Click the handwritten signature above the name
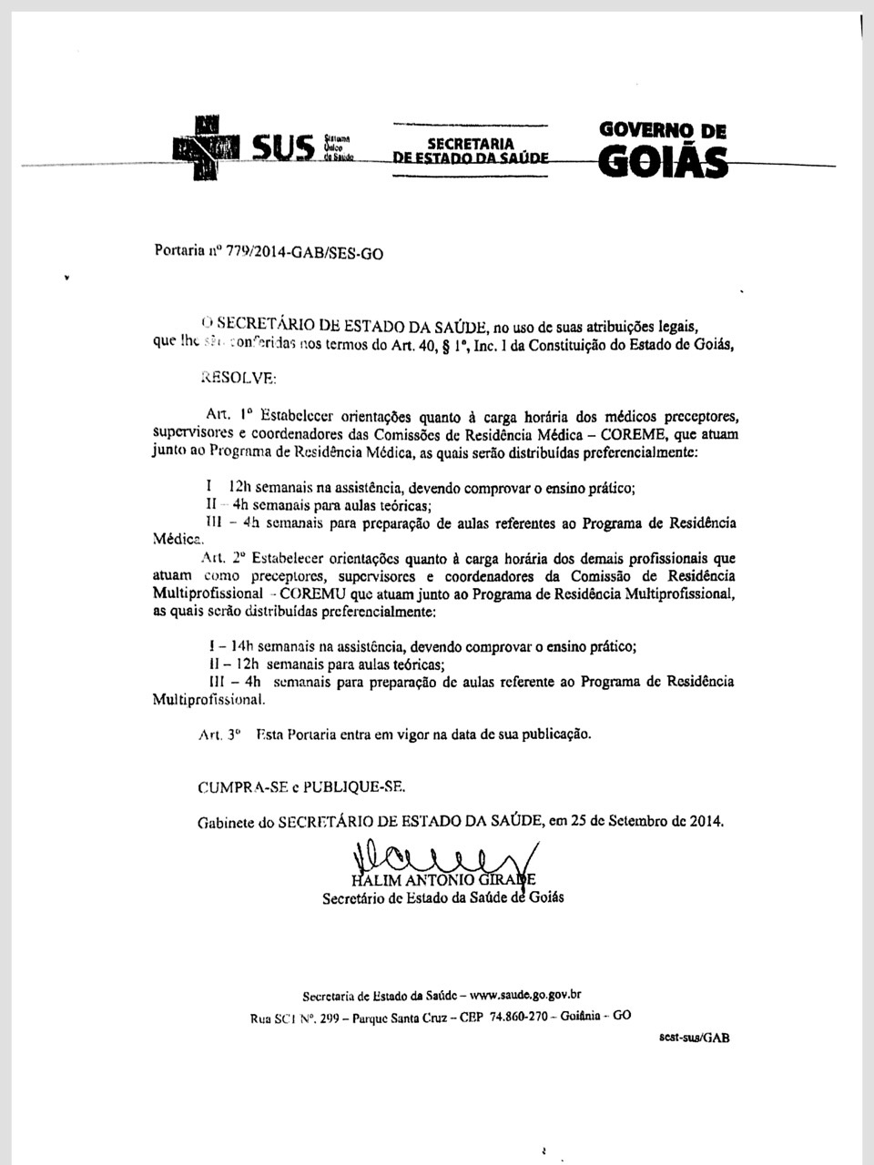437,857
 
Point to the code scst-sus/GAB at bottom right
693,1038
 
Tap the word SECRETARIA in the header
471,144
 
